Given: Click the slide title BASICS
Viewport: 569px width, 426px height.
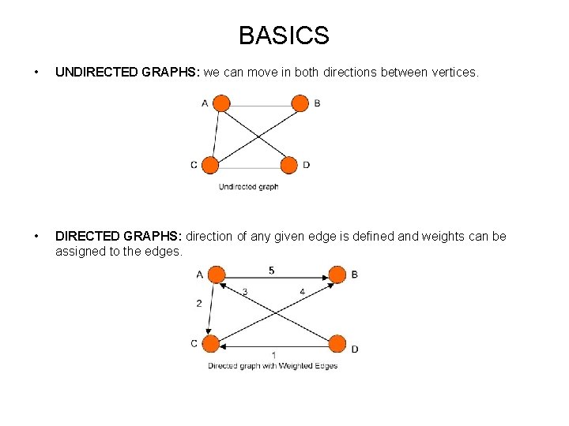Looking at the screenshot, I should point(284,35).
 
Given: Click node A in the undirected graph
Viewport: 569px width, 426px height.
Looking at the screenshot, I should point(222,103).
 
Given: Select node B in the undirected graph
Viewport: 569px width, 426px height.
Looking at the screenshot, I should point(300,103).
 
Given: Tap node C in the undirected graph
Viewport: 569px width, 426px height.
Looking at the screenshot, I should point(210,165).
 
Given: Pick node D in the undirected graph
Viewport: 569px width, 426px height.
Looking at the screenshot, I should point(289,165).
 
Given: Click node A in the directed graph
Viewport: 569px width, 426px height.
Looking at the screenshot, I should point(217,275).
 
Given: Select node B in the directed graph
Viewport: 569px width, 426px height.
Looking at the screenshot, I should point(337,275).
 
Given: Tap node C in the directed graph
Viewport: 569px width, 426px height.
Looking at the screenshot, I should point(210,343).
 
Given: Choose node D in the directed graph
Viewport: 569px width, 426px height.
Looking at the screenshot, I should point(337,343).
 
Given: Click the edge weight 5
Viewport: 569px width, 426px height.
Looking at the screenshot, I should point(272,271).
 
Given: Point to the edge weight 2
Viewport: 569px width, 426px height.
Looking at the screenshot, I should point(198,303).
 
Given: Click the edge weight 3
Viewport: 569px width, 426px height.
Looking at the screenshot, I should point(245,292).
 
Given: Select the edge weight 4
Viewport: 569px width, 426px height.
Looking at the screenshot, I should point(302,292).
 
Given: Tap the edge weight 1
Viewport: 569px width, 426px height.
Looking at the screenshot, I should point(273,355).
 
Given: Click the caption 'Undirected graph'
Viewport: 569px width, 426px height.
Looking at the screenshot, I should point(248,187).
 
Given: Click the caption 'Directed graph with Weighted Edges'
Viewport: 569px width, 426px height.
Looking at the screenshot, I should point(273,366).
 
